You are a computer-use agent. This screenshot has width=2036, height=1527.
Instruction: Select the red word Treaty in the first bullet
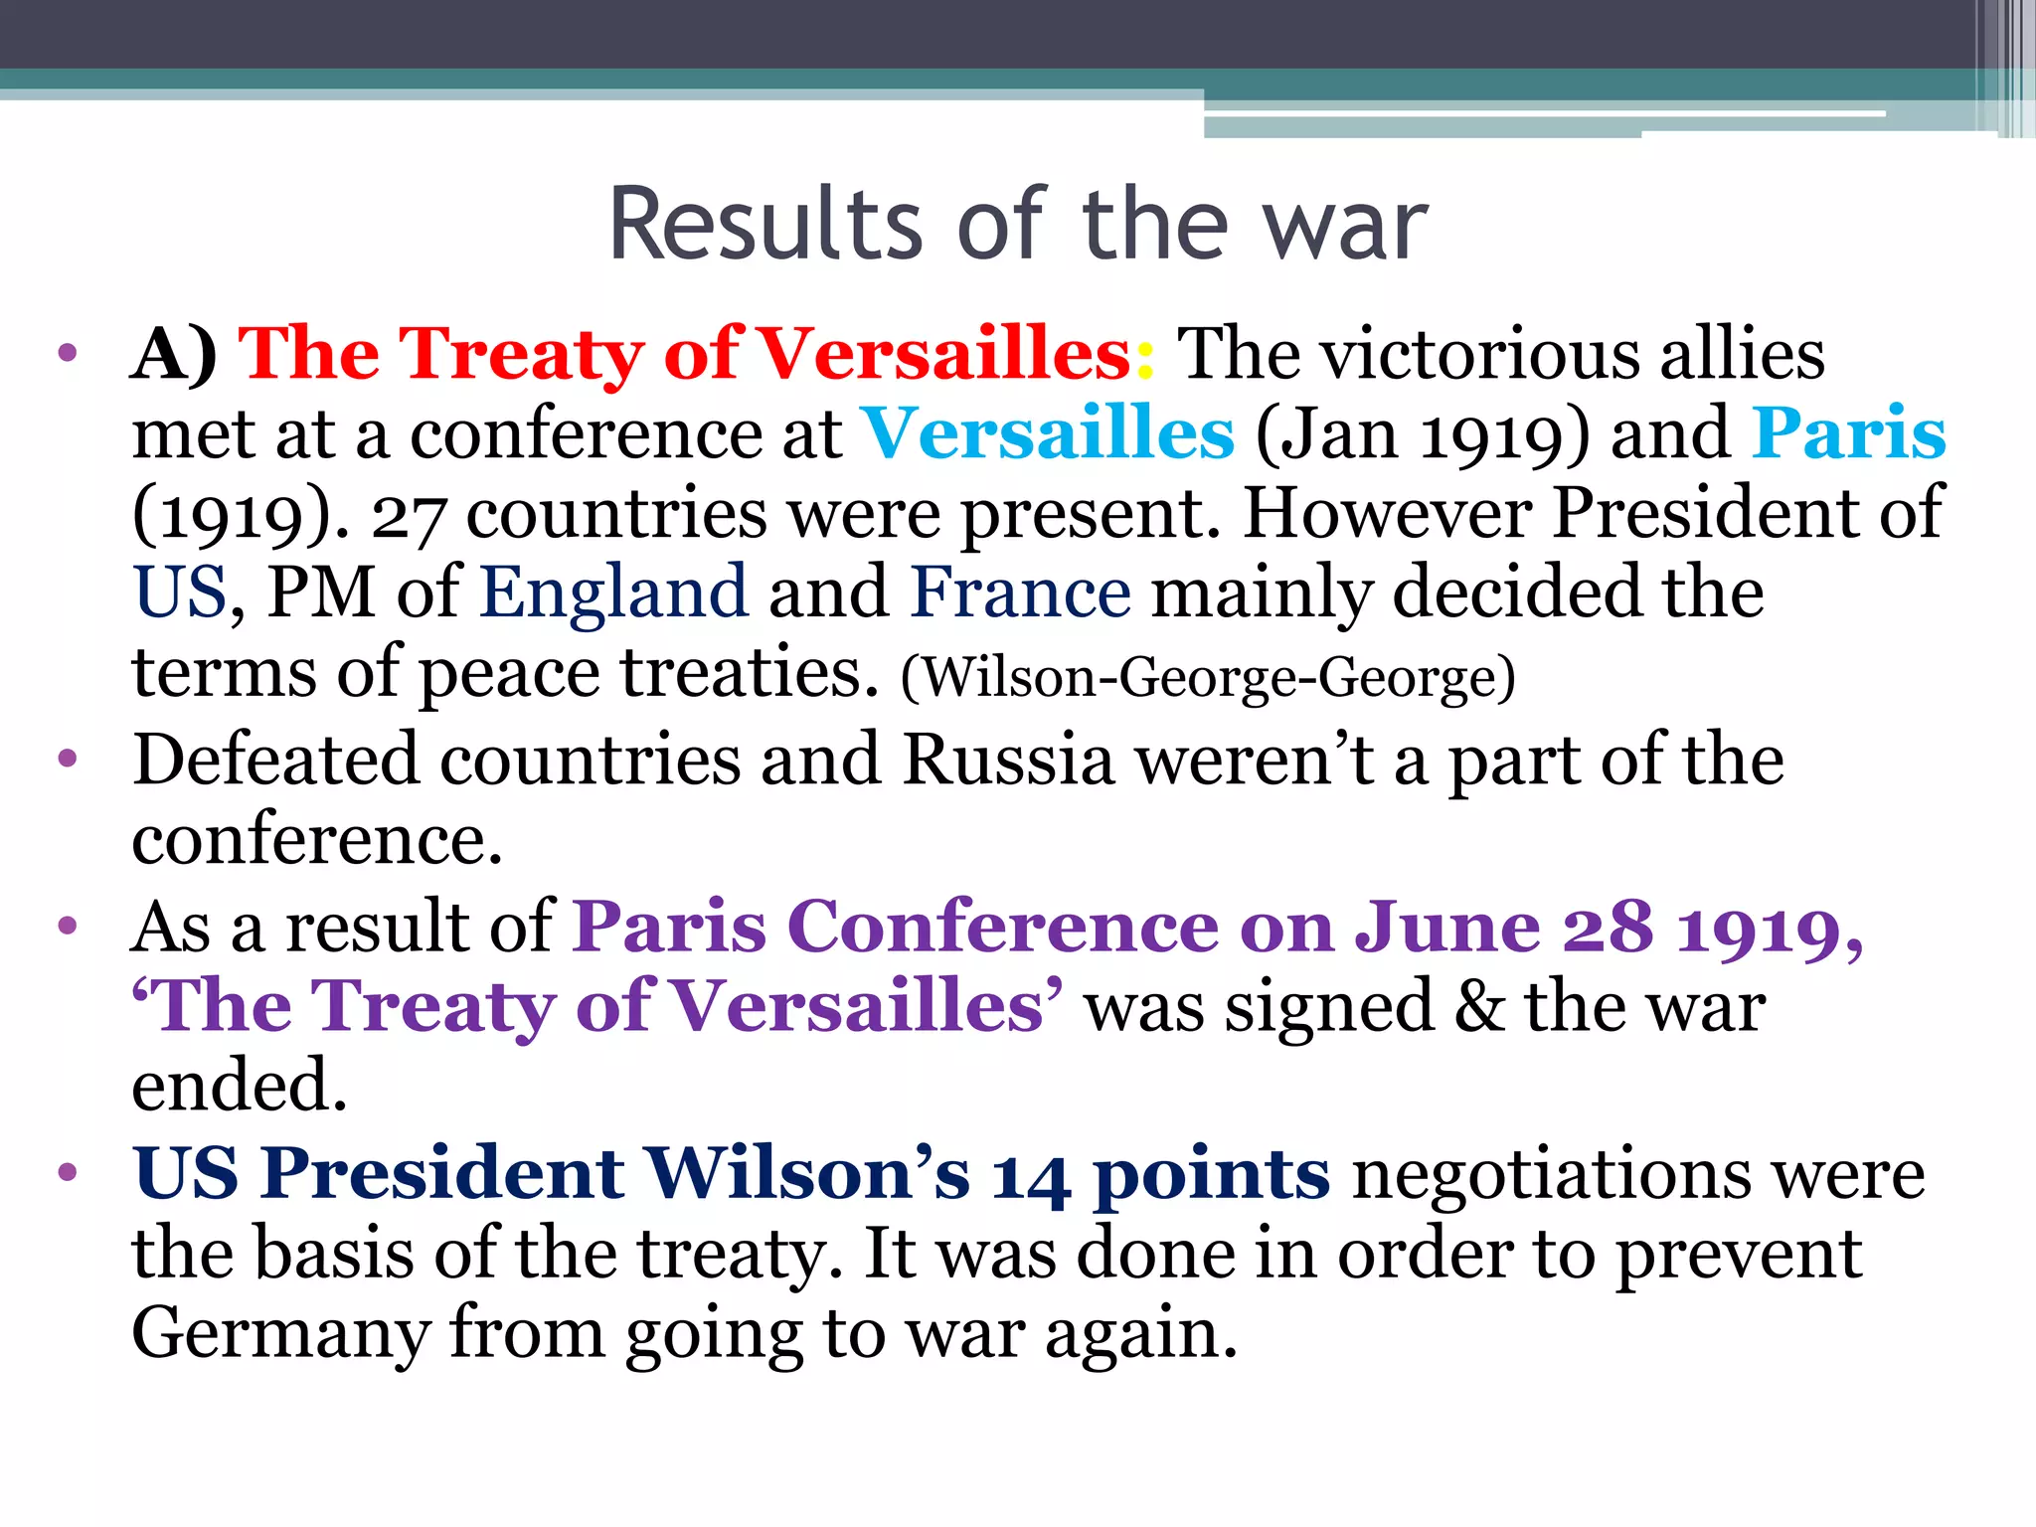tap(522, 355)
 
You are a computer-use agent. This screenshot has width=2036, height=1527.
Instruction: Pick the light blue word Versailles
tap(1047, 434)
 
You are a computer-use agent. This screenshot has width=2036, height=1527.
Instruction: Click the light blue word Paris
tap(1848, 434)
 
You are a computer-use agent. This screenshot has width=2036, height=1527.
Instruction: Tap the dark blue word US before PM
tap(180, 594)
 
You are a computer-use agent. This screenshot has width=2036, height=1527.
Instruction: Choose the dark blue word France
tap(1021, 594)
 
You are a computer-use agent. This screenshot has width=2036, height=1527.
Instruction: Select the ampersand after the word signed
tap(1479, 1007)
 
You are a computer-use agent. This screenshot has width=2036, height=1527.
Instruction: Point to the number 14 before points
tap(1030, 1176)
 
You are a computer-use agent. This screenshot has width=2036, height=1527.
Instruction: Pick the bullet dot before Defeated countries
tap(68, 761)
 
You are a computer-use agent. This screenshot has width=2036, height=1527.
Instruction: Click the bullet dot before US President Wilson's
tap(68, 1173)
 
